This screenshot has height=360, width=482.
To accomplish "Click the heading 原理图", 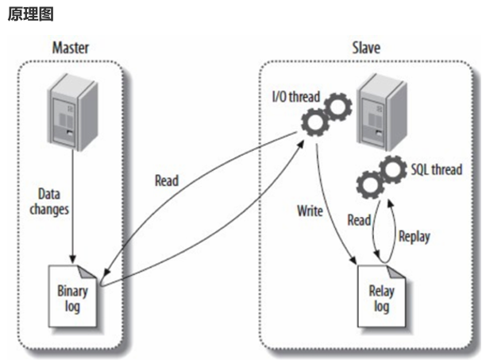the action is (30, 14).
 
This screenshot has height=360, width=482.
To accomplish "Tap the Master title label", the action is (71, 48).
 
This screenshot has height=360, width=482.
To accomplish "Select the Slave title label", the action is (366, 48).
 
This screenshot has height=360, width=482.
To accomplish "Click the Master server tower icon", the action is (73, 112).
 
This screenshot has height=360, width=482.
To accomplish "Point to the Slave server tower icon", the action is (383, 112).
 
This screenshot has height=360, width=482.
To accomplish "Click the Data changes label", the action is (49, 202).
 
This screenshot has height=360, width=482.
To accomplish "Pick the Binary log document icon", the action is (72, 296).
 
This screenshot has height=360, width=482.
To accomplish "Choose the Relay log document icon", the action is (381, 296).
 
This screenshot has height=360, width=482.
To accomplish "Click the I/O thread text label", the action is (296, 97).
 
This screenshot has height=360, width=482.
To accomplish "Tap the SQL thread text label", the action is (437, 169).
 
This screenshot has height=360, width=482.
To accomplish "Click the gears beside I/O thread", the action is (326, 114).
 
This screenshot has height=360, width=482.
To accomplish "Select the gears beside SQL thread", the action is (381, 177).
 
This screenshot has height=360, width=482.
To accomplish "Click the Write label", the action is (310, 211).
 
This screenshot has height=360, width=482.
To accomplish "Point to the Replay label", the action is (414, 237).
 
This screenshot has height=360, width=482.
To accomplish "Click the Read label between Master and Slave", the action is (167, 180).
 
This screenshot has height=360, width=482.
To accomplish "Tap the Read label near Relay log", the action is (359, 220).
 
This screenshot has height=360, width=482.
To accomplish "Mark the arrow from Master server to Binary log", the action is (73, 207).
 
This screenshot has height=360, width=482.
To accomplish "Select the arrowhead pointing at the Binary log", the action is (106, 272).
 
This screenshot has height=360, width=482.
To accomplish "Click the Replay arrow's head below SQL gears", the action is (390, 203).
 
